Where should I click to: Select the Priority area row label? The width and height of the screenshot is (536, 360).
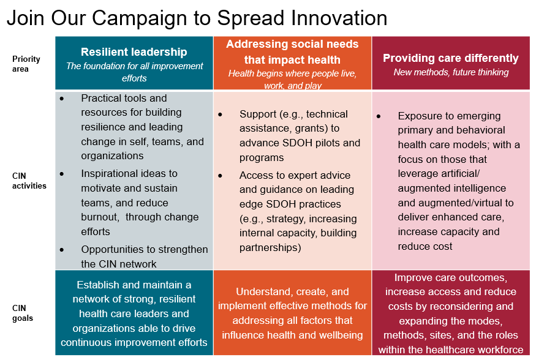click(x=26, y=64)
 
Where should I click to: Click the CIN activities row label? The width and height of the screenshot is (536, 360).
click(x=29, y=181)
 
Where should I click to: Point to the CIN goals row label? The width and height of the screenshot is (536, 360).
click(x=23, y=313)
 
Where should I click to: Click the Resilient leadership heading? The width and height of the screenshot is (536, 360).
click(x=134, y=52)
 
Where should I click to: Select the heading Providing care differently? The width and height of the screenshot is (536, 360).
click(x=450, y=58)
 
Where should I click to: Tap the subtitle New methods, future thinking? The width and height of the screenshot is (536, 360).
click(x=451, y=72)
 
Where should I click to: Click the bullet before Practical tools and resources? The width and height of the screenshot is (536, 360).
click(x=61, y=99)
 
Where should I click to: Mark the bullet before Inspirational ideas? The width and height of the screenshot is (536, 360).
click(x=61, y=174)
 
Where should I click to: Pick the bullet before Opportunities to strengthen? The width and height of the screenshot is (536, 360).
click(x=61, y=250)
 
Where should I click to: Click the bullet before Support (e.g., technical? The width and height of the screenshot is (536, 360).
click(x=220, y=114)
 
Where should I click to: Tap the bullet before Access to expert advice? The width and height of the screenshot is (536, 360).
click(x=220, y=176)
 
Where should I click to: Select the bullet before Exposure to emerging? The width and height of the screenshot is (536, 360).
click(x=379, y=116)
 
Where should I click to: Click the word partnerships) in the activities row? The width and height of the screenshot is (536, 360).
click(x=270, y=247)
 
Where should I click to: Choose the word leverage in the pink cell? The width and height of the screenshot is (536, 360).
click(x=418, y=174)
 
